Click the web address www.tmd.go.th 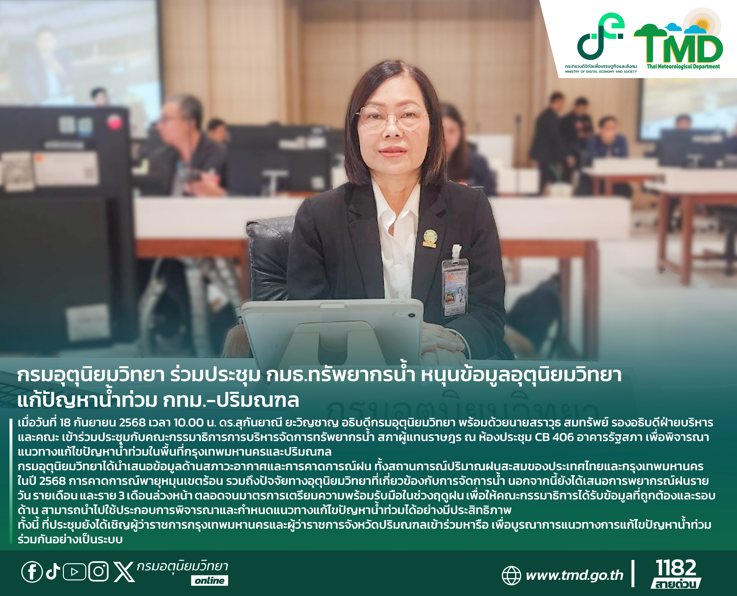pyautogui.click(x=574, y=575)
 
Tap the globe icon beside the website pyautogui.click(x=511, y=575)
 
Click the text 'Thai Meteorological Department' pyautogui.click(x=683, y=67)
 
